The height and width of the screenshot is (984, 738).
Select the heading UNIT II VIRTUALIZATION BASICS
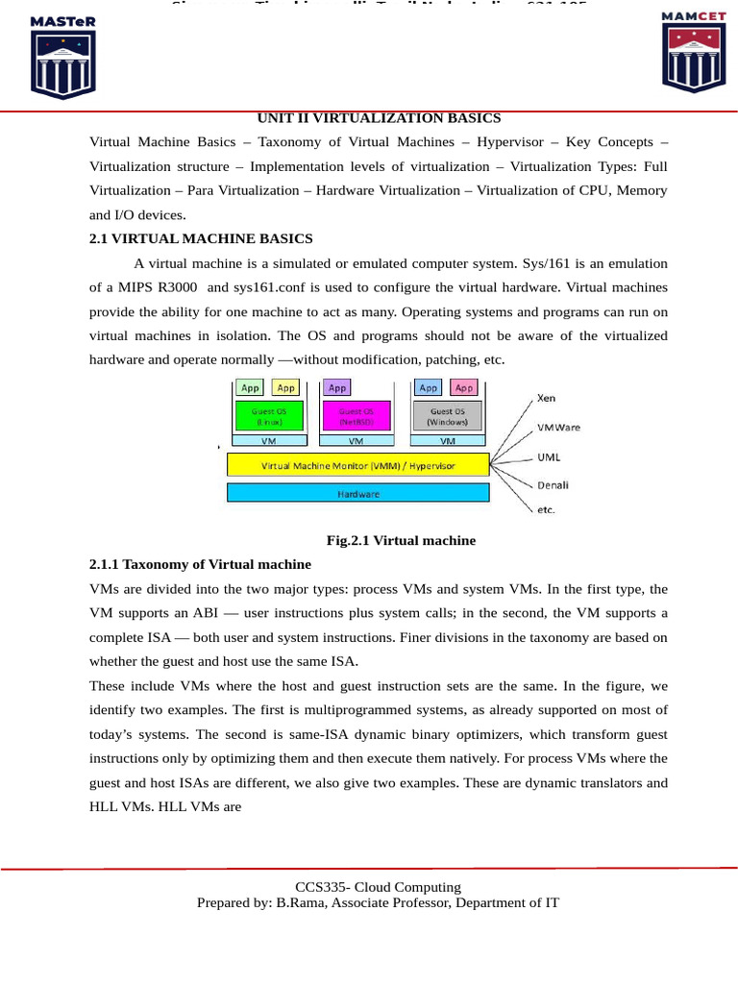tap(379, 118)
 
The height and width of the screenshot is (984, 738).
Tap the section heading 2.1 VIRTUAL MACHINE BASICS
tap(201, 238)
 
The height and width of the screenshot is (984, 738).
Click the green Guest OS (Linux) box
tap(268, 416)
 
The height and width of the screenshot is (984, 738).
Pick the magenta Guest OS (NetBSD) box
tap(356, 416)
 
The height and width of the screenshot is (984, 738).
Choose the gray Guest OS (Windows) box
tap(448, 416)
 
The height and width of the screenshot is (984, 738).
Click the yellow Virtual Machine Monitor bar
tap(358, 465)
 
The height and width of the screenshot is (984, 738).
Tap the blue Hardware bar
tap(358, 494)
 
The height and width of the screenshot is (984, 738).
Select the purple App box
tap(337, 388)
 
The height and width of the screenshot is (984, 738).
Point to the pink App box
tap(464, 388)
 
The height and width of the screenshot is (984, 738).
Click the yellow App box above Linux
tap(285, 388)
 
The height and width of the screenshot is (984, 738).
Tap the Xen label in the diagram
tap(546, 397)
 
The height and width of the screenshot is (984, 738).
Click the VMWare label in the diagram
tap(558, 427)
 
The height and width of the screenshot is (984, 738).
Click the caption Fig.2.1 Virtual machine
tap(401, 540)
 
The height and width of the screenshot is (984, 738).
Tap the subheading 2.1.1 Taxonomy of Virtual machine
tap(200, 564)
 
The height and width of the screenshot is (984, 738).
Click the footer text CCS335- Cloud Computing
tap(378, 887)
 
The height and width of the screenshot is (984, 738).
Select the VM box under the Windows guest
tap(448, 441)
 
